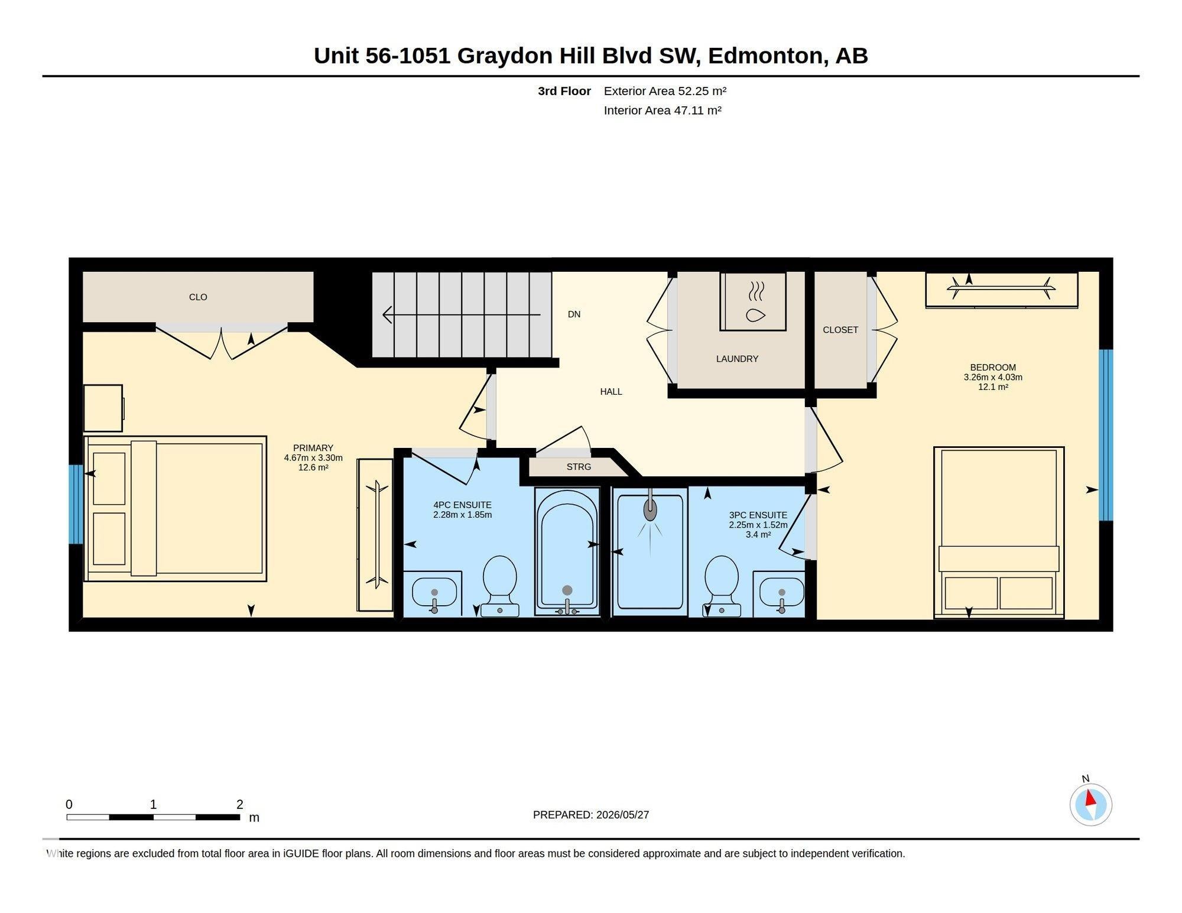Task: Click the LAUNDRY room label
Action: (x=737, y=359)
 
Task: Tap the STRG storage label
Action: (x=579, y=467)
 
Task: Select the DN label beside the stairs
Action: (x=574, y=314)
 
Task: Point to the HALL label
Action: (x=611, y=392)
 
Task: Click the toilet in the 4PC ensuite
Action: (x=500, y=586)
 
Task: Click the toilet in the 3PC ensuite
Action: (x=722, y=586)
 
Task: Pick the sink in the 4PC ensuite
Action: (x=434, y=593)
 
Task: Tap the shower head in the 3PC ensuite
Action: (x=650, y=508)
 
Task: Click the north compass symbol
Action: (x=1091, y=804)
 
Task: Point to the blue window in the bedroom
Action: (x=1106, y=435)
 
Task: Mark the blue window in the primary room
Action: (x=76, y=504)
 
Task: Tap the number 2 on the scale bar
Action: (x=239, y=804)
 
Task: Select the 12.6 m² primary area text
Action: (x=313, y=467)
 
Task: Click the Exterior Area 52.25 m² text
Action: (x=665, y=91)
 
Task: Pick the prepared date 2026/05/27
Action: (x=622, y=815)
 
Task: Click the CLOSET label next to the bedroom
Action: (x=840, y=330)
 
